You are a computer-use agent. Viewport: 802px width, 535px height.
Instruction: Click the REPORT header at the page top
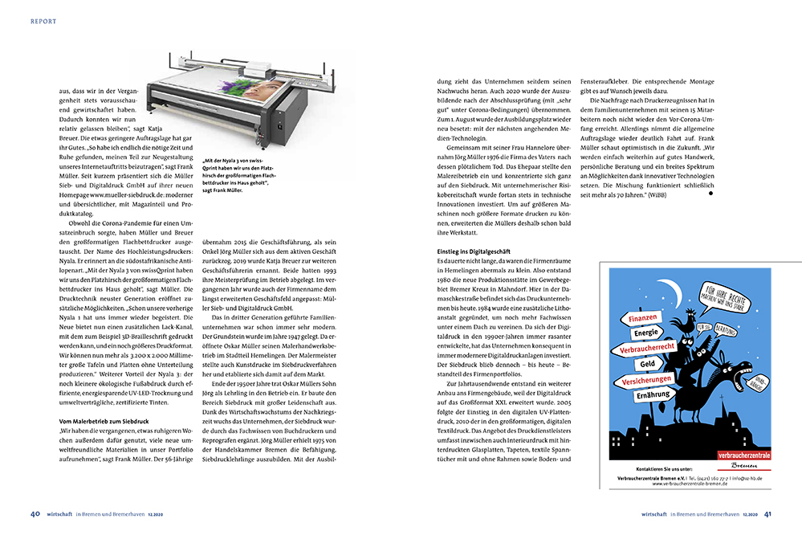[43, 22]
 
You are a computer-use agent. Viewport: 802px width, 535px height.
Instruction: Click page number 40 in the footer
[35, 514]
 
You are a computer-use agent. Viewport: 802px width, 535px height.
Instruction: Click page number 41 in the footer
[767, 514]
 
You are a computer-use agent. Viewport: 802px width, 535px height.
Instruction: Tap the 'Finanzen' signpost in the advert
[637, 319]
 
